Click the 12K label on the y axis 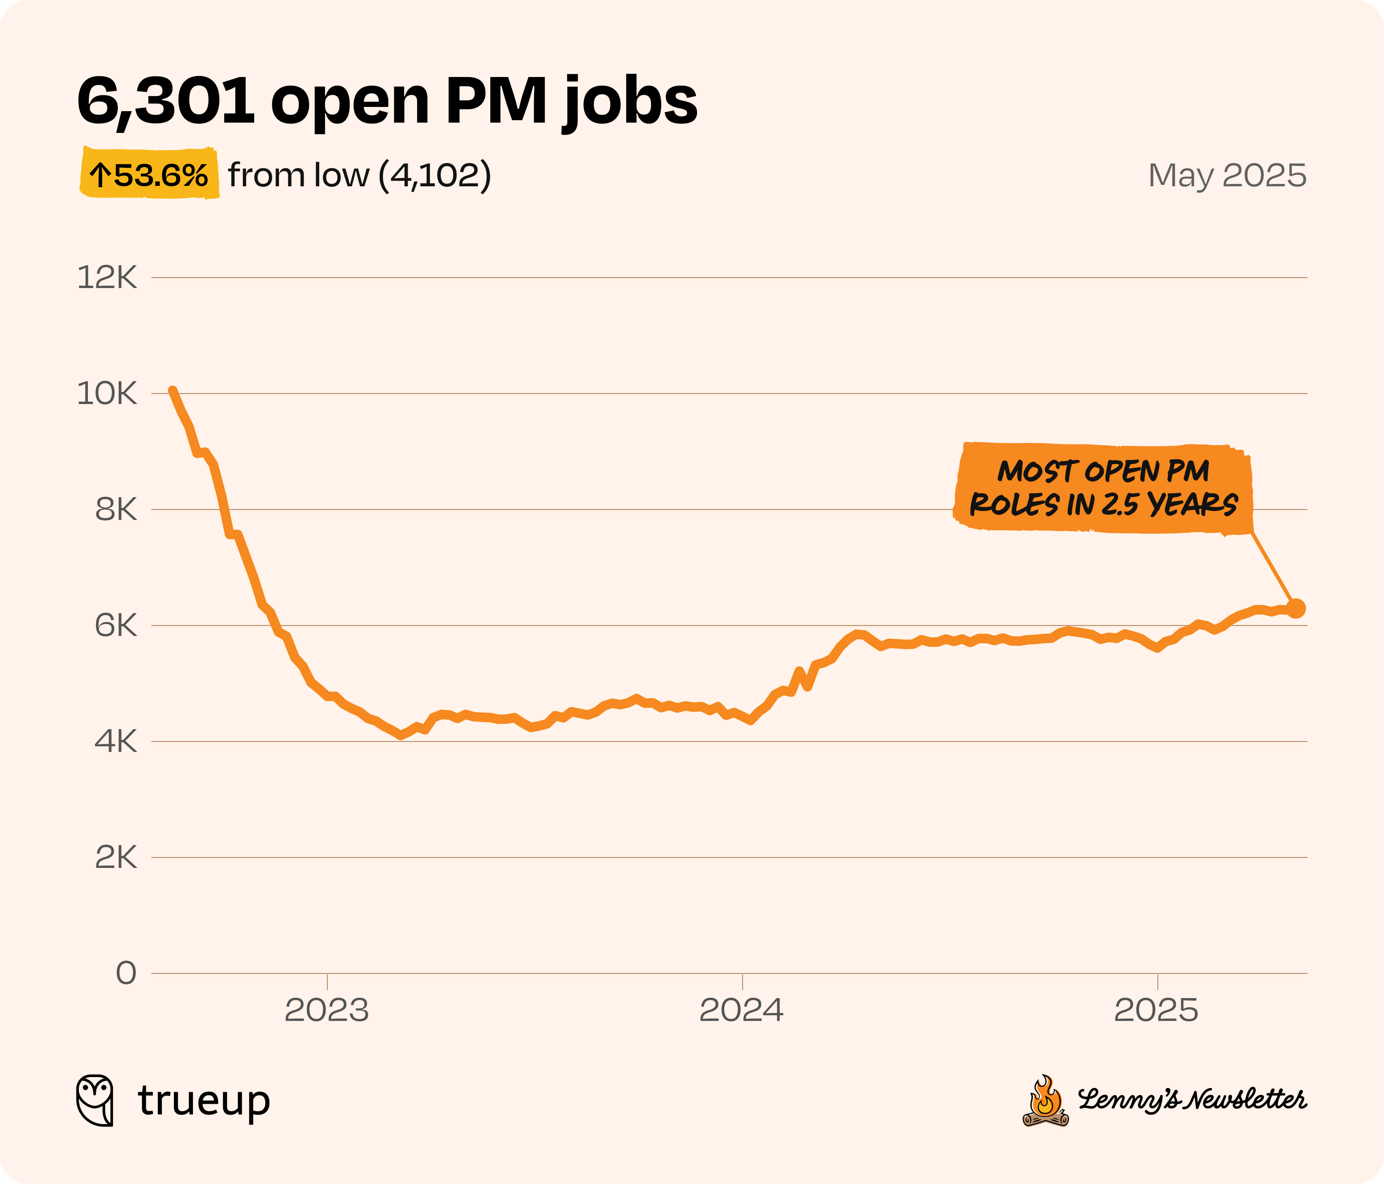tap(107, 277)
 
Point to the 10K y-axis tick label tap(107, 394)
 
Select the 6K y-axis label tap(115, 626)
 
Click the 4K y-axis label tap(115, 741)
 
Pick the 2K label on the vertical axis tap(115, 857)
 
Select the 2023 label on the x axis tap(326, 1011)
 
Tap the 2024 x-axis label tap(742, 1011)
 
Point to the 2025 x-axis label tap(1156, 1011)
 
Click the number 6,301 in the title tap(166, 102)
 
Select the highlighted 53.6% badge tap(150, 174)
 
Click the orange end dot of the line tap(1296, 608)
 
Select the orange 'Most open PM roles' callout tap(1103, 488)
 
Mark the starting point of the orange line tap(172, 391)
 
